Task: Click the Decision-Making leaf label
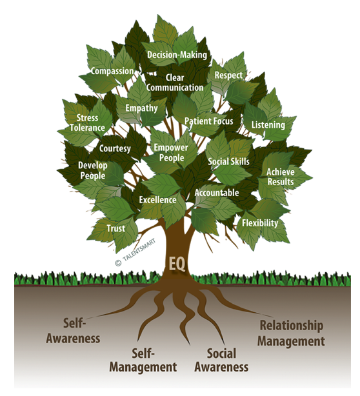(177, 55)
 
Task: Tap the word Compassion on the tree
(112, 71)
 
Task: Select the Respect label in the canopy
(228, 75)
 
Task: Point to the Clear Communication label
(175, 83)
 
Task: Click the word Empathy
(141, 108)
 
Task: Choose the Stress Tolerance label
(87, 123)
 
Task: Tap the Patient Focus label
(208, 121)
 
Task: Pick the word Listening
(268, 125)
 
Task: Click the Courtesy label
(115, 148)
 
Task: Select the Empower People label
(171, 153)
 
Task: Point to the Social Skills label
(228, 162)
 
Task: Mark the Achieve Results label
(281, 177)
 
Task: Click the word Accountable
(217, 193)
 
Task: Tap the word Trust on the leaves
(116, 228)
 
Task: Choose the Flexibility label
(260, 223)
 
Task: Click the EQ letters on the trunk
(177, 264)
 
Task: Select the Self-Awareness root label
(74, 331)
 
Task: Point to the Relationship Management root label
(291, 333)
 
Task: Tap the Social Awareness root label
(221, 360)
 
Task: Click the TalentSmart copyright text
(135, 252)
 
